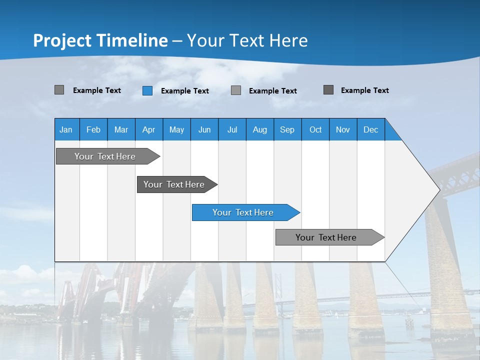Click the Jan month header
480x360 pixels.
(66, 130)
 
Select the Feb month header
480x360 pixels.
(93, 130)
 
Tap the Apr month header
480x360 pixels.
(148, 130)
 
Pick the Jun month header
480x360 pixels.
(204, 130)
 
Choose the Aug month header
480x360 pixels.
(259, 130)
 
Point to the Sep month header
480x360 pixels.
(287, 130)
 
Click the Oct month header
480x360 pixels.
(315, 130)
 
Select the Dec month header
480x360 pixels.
(370, 130)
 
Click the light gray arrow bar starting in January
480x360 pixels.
(105, 156)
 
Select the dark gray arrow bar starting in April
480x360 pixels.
(174, 184)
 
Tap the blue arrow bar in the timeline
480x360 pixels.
(243, 212)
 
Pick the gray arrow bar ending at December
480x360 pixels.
(326, 237)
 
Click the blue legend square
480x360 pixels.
(147, 90)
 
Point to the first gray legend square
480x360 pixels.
(59, 90)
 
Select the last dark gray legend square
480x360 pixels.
(328, 90)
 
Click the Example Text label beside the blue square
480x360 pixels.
(184, 91)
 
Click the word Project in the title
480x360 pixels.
(63, 41)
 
